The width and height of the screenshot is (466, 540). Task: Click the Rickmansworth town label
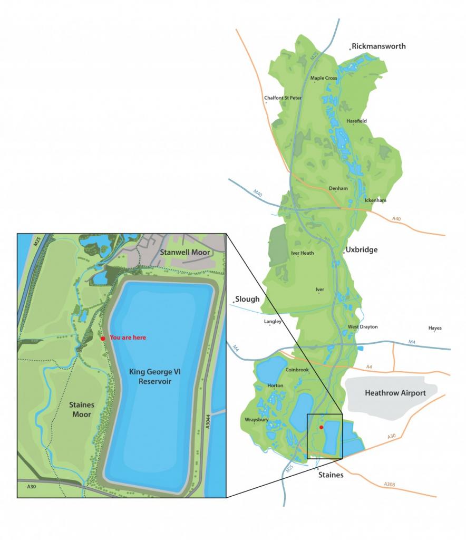click(x=379, y=46)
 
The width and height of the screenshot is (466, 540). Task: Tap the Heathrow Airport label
click(x=395, y=393)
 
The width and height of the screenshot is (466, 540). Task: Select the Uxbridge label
click(x=362, y=250)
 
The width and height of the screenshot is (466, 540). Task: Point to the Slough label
click(x=247, y=299)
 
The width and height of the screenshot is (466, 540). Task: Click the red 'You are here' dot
click(x=103, y=338)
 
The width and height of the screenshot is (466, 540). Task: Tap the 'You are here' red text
click(x=128, y=337)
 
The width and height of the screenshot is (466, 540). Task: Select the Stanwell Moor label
click(x=185, y=253)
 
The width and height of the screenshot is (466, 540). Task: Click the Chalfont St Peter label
click(x=283, y=98)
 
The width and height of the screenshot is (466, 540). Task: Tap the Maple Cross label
click(x=324, y=78)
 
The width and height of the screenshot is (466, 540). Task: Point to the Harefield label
click(x=356, y=121)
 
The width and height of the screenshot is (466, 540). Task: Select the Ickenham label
click(x=375, y=200)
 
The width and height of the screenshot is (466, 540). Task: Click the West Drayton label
click(x=363, y=327)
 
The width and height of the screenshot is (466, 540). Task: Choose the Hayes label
click(x=435, y=328)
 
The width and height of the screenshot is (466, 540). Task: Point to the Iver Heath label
click(x=302, y=253)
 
